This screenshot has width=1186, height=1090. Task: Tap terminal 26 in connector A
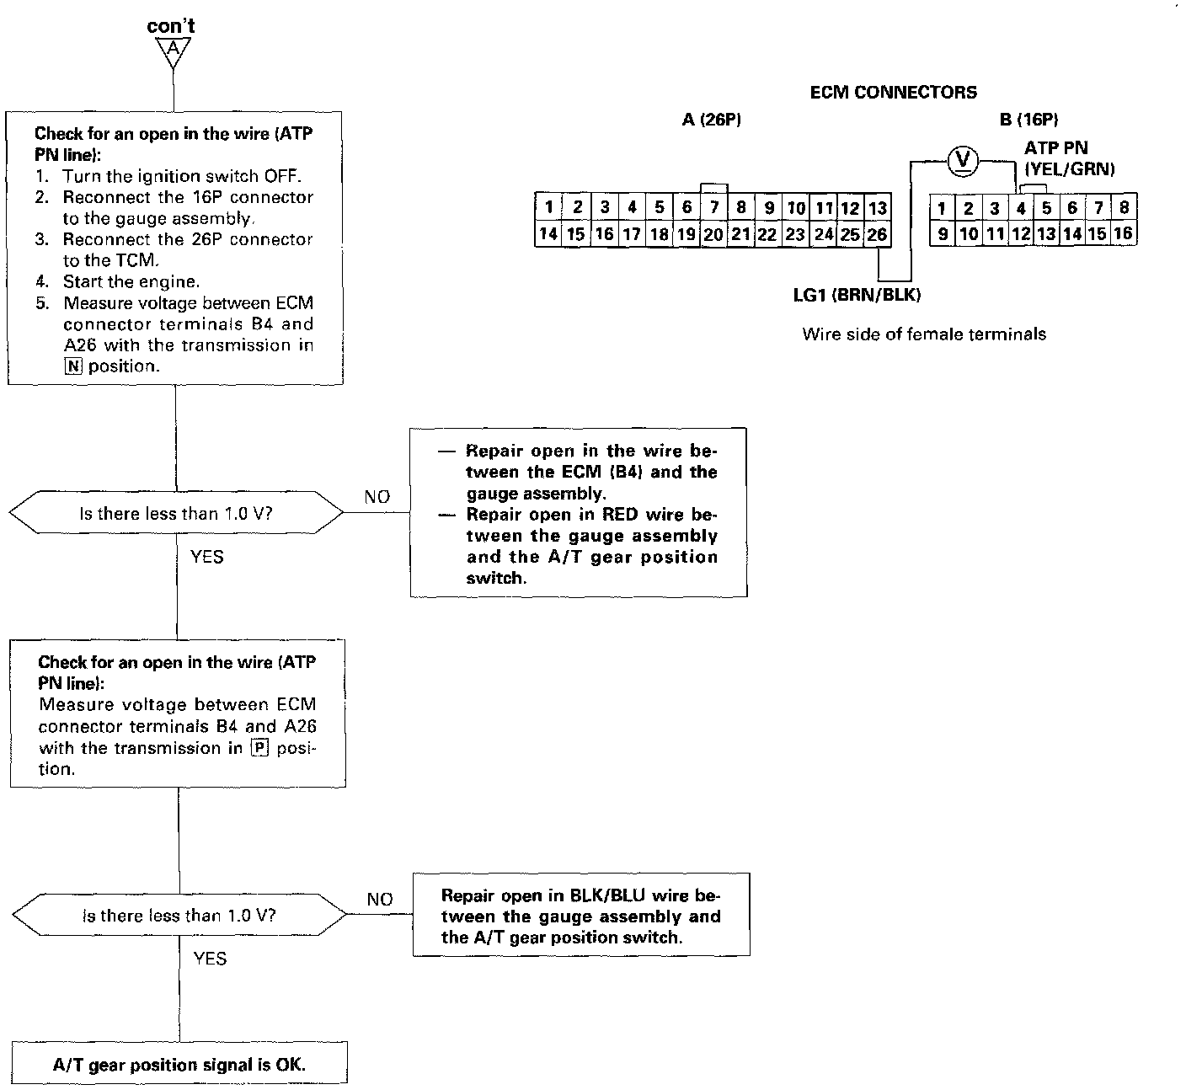pos(877,235)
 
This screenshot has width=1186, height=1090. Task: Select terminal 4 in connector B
pos(1020,208)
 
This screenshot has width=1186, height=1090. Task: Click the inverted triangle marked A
pos(172,52)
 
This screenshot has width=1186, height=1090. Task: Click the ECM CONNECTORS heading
pos(893,93)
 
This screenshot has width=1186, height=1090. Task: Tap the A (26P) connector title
pos(711,120)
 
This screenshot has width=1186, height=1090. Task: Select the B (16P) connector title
pos(1028,120)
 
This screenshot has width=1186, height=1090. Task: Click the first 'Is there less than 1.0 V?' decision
pos(176,513)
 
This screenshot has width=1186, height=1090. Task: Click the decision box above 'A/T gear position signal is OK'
pos(179,916)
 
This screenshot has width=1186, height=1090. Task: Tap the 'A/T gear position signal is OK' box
pos(179,1065)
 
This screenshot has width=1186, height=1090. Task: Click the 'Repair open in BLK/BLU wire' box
pos(581,916)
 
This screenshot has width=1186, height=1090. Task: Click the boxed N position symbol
pos(72,366)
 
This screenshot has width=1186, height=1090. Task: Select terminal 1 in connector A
pos(548,208)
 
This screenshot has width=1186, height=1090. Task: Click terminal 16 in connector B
pos(1123,234)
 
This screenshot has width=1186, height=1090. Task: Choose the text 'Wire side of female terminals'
pos(924,334)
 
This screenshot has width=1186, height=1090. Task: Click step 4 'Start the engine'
pos(131,281)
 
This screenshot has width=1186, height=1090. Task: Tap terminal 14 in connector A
pos(548,235)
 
